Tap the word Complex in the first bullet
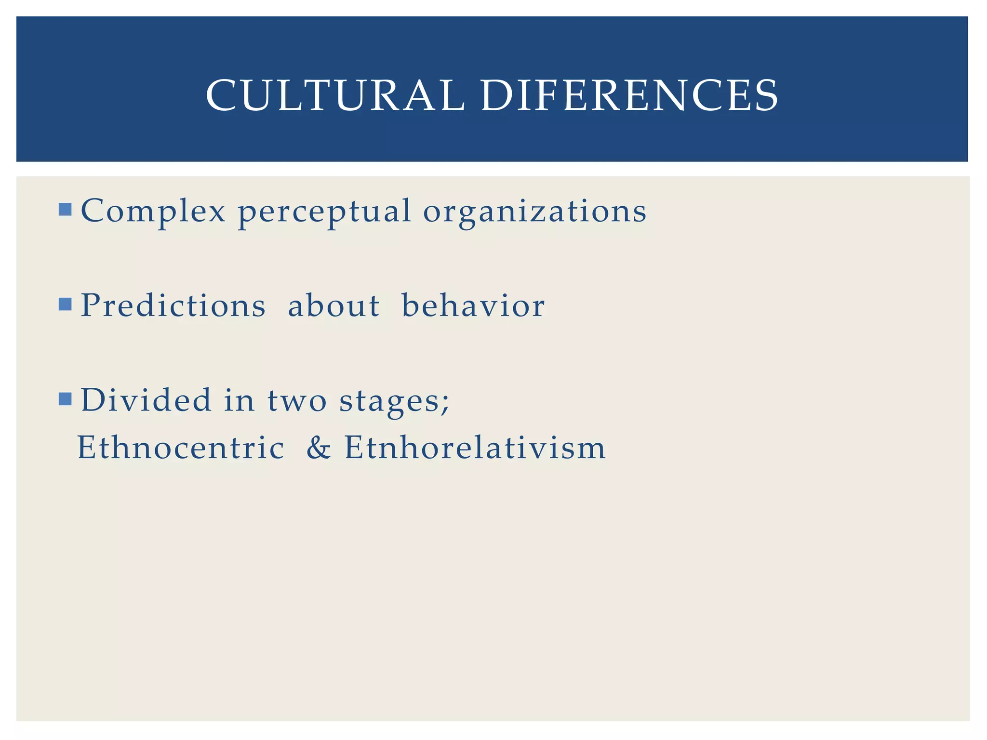pos(153,211)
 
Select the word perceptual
pos(324,212)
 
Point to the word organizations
pos(534,212)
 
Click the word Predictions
pos(173,305)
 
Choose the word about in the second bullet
pos(333,305)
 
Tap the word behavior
pos(473,305)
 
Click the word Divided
pos(146,400)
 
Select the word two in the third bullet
pos(297,401)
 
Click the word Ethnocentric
pos(181,448)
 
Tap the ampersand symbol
pos(319,448)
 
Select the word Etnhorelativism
pos(475,448)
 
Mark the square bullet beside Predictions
pos(65,304)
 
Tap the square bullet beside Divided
pos(65,399)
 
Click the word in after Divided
pos(239,400)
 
